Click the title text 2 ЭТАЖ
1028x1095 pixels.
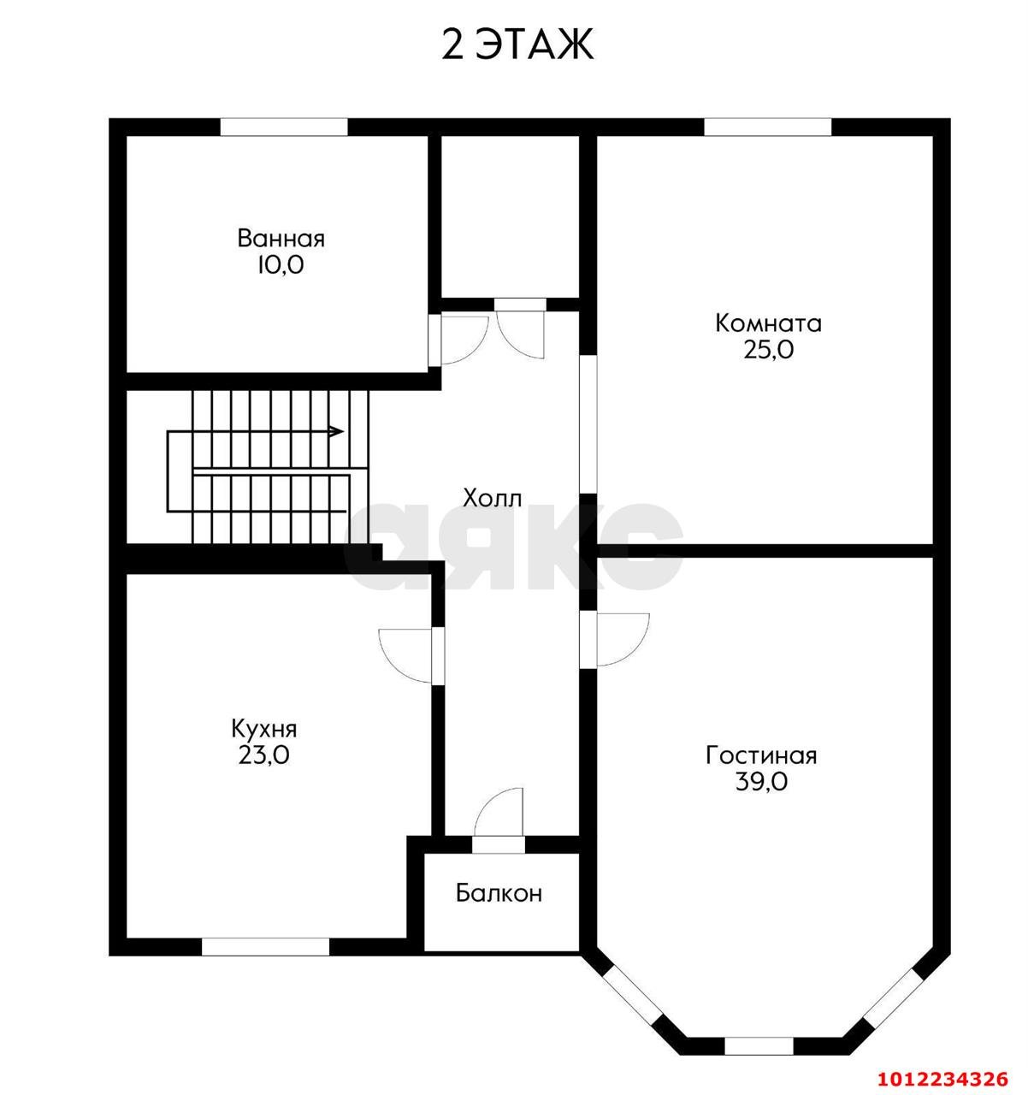[517, 44]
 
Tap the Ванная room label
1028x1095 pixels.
[281, 239]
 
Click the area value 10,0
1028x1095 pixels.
[281, 265]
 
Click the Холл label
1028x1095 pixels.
[492, 498]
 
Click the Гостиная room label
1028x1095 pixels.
[761, 755]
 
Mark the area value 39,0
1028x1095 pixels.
[761, 782]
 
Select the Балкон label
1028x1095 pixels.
[499, 894]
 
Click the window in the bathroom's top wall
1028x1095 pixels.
[284, 127]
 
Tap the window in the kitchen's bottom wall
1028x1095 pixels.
[265, 946]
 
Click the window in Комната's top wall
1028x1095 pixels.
[767, 127]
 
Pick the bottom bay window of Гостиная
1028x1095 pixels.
[759, 1046]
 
